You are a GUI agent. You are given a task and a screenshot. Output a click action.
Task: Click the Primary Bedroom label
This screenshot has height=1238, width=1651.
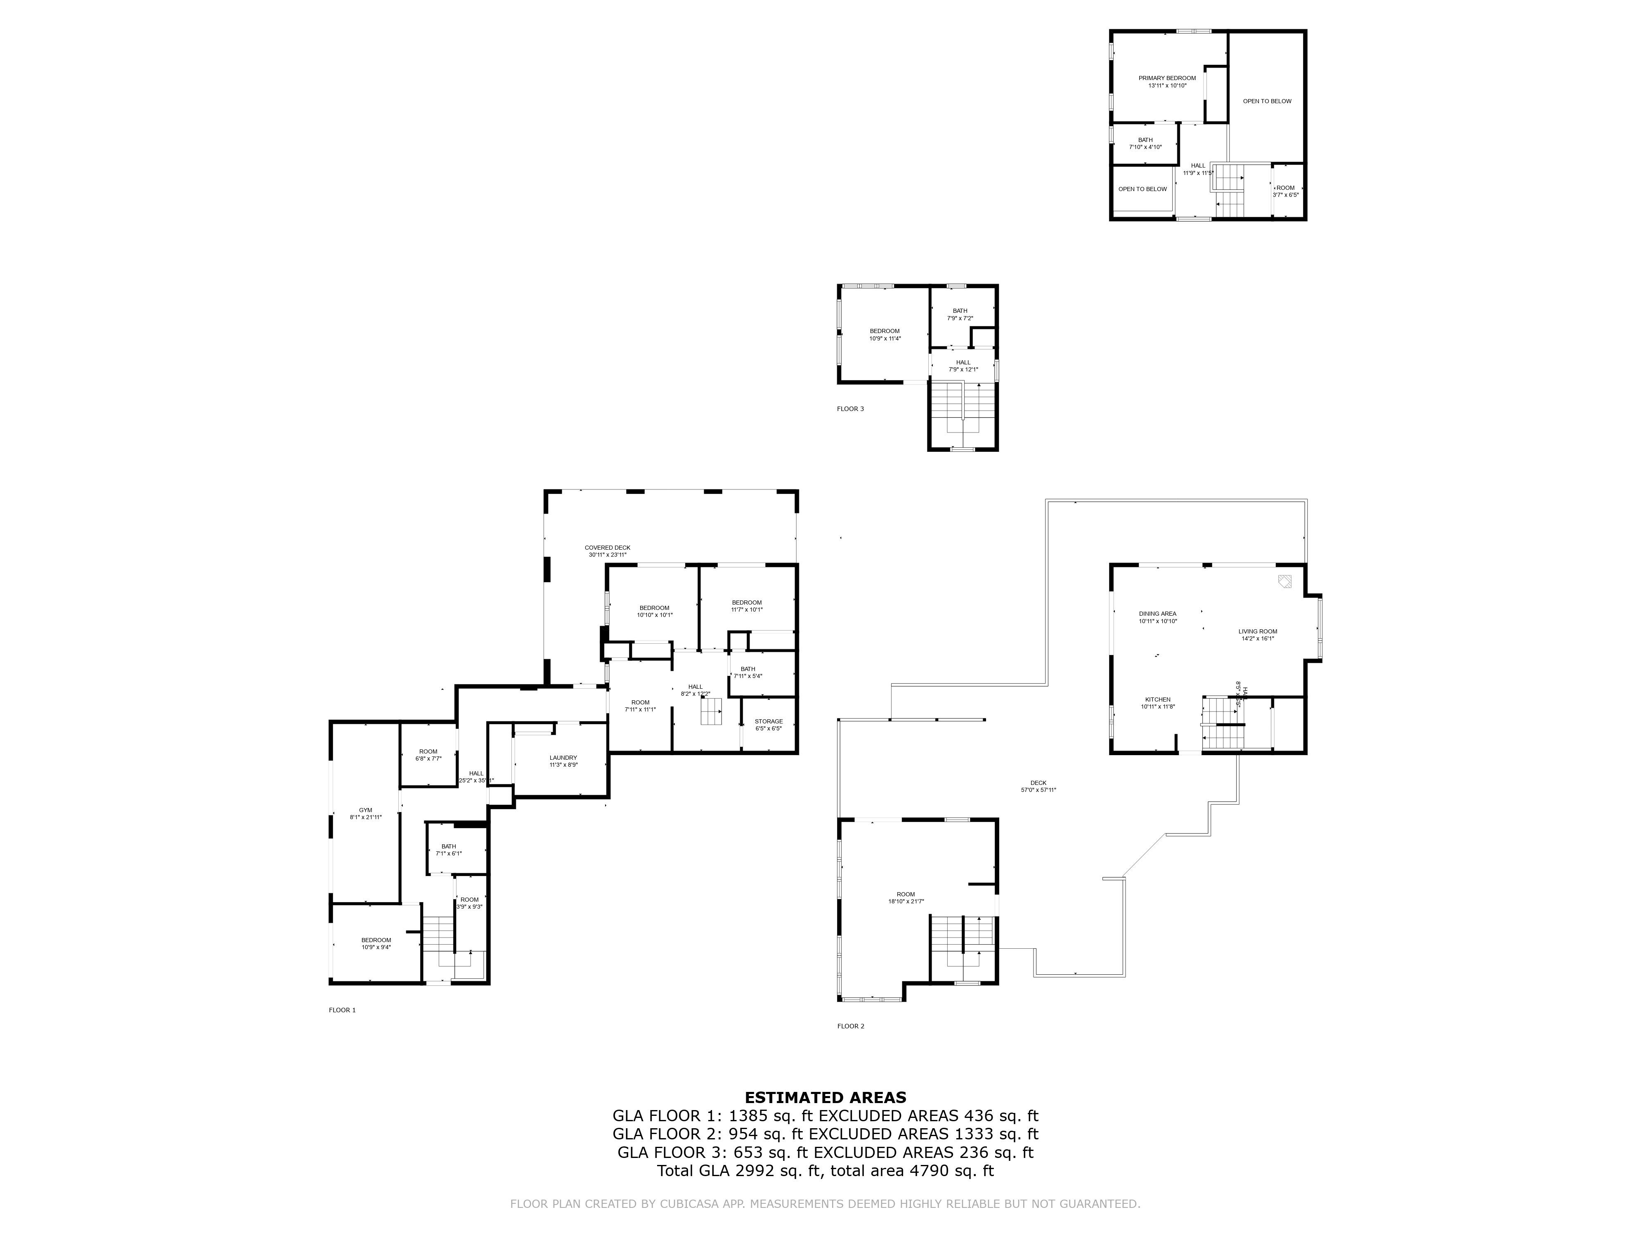click(1166, 81)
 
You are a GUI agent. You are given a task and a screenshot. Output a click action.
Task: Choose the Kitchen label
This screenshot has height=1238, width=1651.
click(1158, 703)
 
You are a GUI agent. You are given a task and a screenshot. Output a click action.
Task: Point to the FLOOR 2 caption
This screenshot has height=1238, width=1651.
click(850, 1026)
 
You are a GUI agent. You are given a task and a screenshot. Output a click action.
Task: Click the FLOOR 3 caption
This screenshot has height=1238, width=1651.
click(850, 409)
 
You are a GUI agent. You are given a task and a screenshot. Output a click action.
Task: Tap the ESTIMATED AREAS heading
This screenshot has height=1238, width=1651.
click(825, 1098)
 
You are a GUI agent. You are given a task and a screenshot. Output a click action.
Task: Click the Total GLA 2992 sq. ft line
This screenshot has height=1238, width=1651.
click(825, 1171)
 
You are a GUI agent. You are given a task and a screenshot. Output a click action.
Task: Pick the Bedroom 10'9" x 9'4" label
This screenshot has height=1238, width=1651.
click(376, 943)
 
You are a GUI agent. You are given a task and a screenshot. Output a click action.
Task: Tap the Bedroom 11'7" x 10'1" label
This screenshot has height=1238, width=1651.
click(746, 606)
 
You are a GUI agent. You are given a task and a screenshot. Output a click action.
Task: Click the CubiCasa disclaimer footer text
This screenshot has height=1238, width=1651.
click(825, 1204)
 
